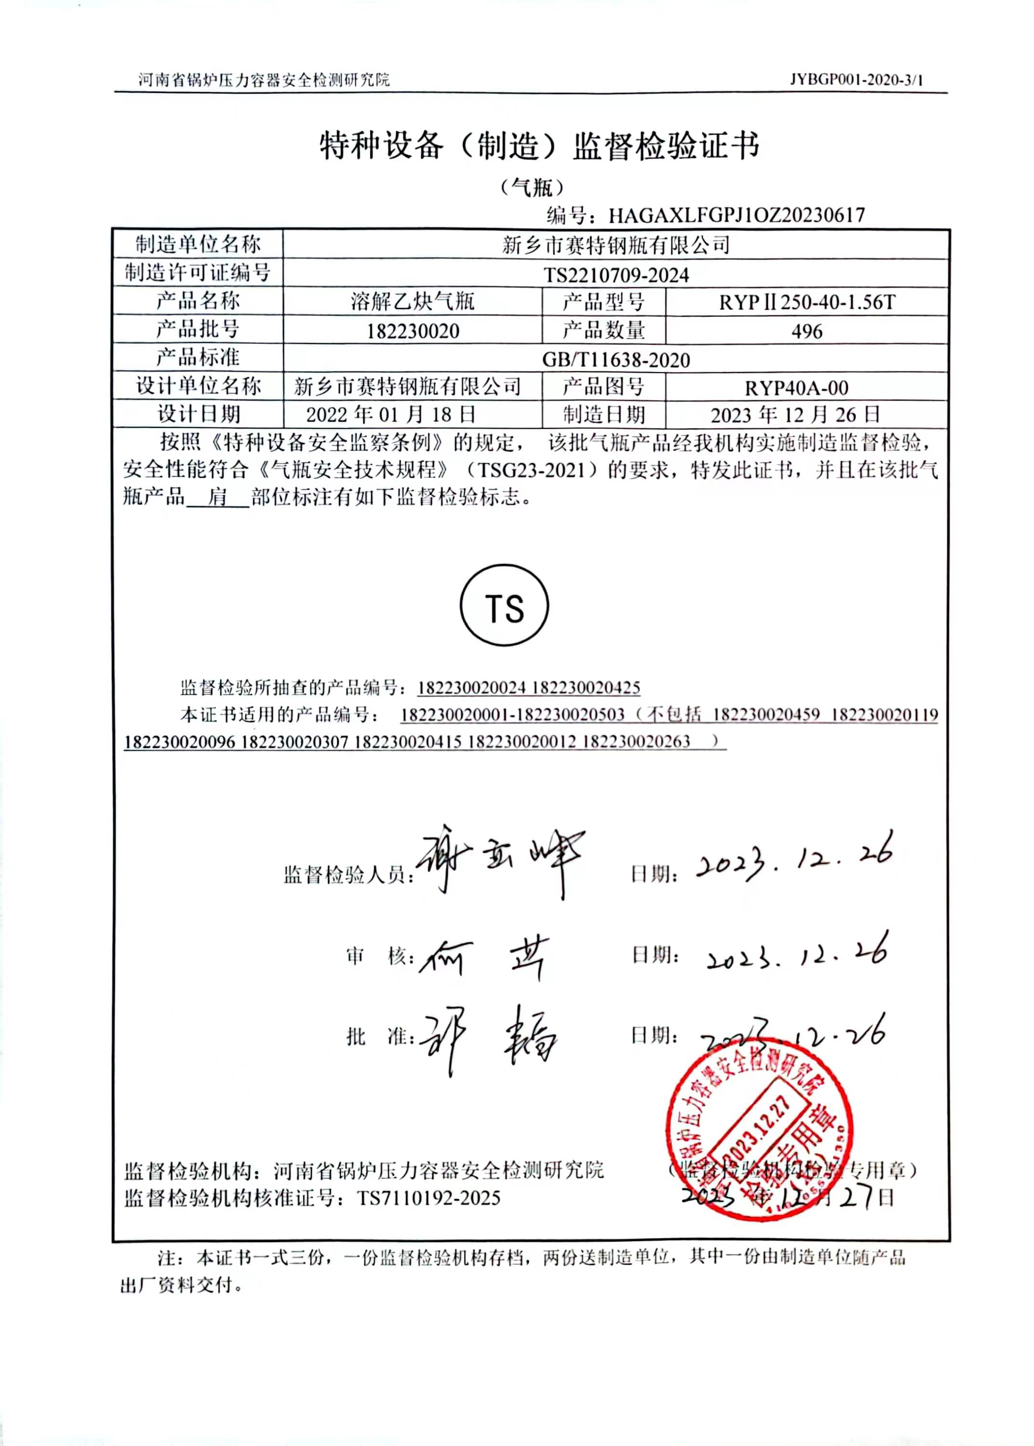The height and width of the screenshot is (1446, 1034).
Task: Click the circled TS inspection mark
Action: [504, 605]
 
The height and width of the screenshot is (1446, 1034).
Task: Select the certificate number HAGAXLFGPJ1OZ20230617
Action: [737, 215]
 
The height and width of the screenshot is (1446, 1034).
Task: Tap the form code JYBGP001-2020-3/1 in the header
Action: [856, 80]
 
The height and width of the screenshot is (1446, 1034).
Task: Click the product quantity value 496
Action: [806, 331]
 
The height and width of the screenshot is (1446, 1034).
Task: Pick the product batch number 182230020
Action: [413, 331]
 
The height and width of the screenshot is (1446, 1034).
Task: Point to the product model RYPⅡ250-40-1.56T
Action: [806, 302]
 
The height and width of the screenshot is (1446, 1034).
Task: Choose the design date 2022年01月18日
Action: [391, 415]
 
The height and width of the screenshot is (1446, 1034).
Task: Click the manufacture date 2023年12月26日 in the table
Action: [795, 415]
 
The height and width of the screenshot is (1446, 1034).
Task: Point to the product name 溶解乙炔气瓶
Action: [413, 301]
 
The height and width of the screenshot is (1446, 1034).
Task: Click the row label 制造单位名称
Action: [198, 244]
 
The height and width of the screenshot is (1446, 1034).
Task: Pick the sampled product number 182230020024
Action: [472, 687]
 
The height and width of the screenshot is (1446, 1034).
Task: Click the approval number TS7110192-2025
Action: [429, 1198]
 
